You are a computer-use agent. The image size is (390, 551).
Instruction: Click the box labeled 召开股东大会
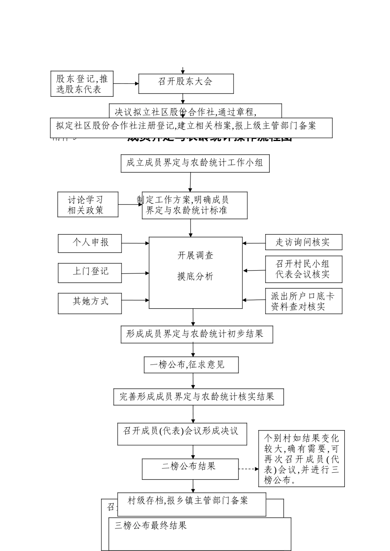point(186,84)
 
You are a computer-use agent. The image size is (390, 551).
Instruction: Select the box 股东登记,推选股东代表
point(82,84)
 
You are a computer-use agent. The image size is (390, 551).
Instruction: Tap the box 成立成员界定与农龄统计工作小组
point(195,163)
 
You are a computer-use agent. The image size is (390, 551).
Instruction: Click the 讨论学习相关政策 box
point(87,205)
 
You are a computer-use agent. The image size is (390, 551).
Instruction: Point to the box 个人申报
point(89,243)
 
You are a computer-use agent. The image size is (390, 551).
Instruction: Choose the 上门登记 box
point(89,273)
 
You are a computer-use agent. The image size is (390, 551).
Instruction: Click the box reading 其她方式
point(89,303)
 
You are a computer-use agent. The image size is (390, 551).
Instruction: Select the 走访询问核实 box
point(303,242)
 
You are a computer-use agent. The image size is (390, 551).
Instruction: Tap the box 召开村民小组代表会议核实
point(303,269)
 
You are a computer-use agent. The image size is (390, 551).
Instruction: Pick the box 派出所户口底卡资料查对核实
point(303,301)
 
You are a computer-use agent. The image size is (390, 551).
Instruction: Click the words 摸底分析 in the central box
point(195,277)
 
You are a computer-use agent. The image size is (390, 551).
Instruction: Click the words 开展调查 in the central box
point(195,255)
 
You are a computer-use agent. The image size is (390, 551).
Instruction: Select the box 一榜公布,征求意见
point(191,364)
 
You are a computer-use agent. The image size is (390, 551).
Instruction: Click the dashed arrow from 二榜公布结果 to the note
point(248,469)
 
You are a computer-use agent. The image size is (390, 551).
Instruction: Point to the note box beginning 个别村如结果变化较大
point(301,458)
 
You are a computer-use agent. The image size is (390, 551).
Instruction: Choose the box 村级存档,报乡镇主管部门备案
point(191,504)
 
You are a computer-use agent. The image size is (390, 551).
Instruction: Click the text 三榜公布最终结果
point(151,526)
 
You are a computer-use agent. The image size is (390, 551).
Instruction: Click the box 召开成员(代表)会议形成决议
point(182,433)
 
